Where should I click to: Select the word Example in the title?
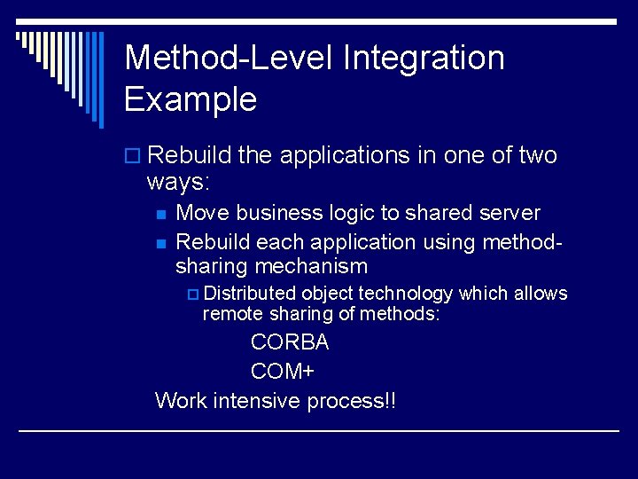coord(191,98)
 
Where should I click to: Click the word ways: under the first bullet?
coord(178,184)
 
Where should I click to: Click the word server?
coord(509,213)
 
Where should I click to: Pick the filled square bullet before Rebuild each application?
coord(159,243)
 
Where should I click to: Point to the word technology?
coord(406,294)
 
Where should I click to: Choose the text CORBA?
coord(290,342)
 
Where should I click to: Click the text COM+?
coord(283,372)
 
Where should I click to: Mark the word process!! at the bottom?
coord(352,401)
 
